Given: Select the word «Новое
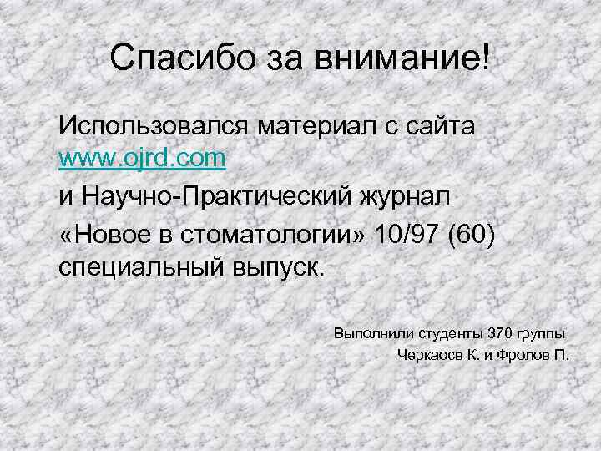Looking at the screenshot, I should pyautogui.click(x=104, y=233).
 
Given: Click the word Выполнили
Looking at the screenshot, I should pyautogui.click(x=368, y=333).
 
